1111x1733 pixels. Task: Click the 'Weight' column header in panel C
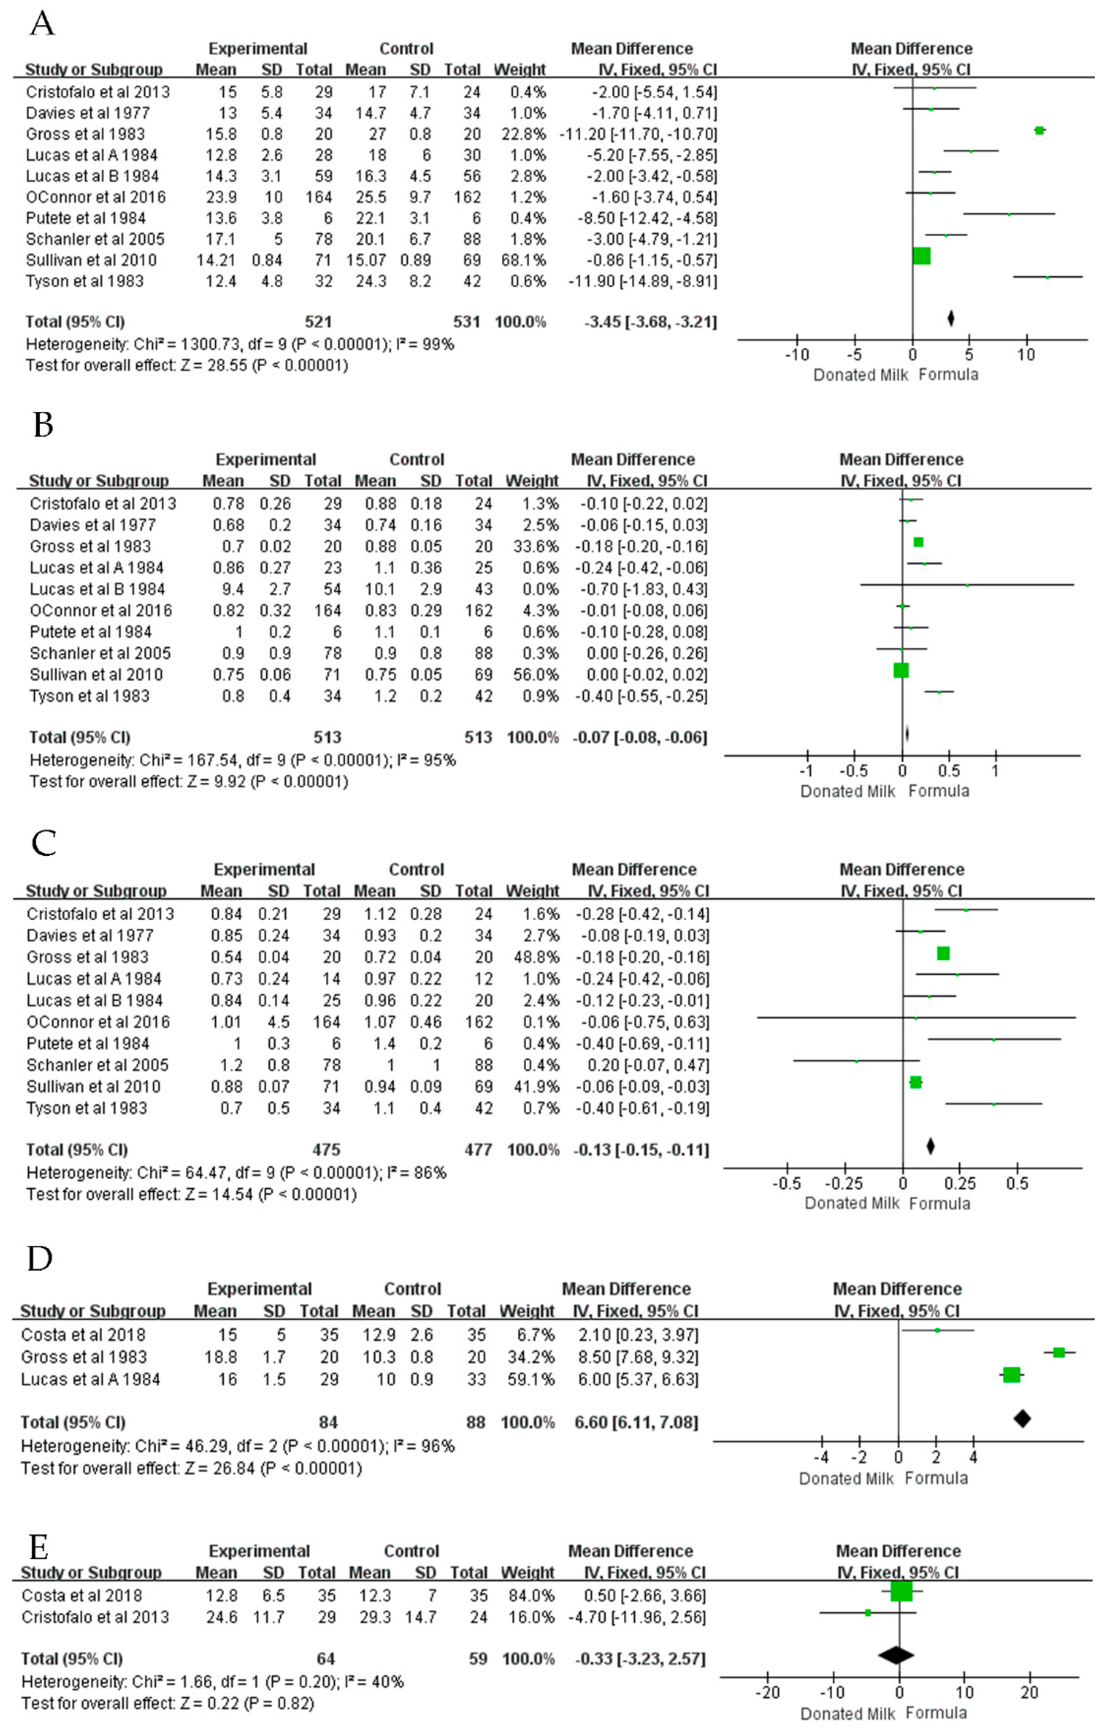532,891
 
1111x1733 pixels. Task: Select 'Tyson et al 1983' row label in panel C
87,1108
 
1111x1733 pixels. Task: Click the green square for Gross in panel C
943,953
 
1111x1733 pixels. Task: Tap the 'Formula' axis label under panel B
939,791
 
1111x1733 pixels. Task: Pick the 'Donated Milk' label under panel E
848,1714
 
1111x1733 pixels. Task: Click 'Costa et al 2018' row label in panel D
83,1335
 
